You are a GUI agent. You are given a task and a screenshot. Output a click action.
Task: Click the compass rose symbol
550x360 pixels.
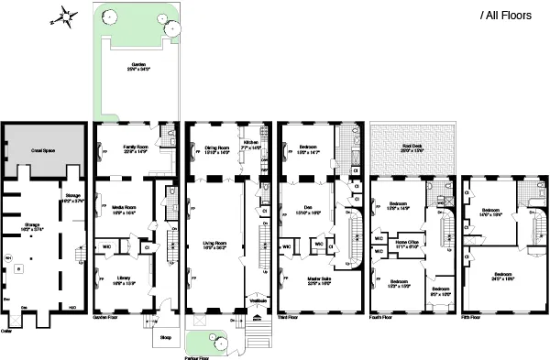[x=65, y=16]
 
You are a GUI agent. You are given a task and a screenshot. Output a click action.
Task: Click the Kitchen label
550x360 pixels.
[x=252, y=143]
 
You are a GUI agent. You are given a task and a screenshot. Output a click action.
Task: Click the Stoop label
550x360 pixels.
[x=167, y=336]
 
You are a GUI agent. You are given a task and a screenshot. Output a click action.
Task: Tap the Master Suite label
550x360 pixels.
[x=303, y=281]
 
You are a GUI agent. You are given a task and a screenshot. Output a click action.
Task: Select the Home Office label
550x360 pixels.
[x=409, y=244]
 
